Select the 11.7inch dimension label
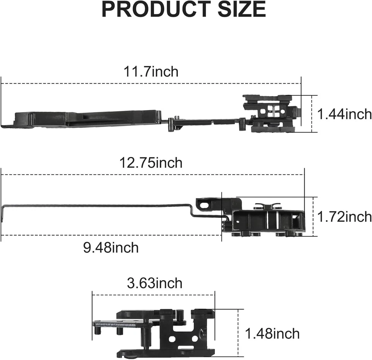point(151,72)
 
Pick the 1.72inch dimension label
point(344,217)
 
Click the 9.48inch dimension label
point(111,247)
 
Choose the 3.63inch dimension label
point(154,283)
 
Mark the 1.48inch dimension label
point(272,333)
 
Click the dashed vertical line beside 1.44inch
point(312,114)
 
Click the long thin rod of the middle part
point(97,206)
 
